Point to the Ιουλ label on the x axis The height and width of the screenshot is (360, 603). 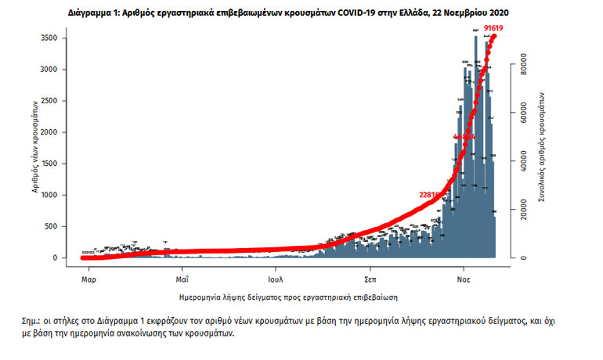[x=275, y=278]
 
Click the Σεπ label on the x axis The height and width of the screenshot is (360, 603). [x=370, y=278]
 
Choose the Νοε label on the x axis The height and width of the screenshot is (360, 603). [x=464, y=278]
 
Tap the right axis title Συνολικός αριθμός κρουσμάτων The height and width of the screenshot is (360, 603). [x=541, y=148]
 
